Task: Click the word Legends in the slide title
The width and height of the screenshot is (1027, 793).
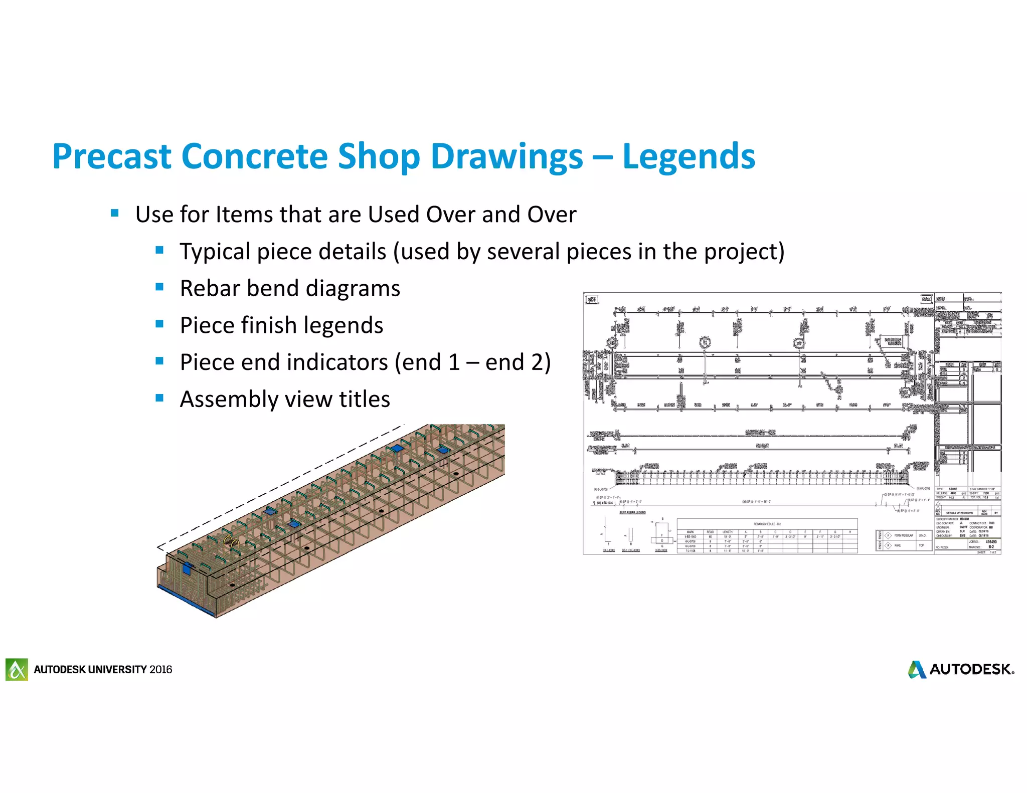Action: tap(688, 156)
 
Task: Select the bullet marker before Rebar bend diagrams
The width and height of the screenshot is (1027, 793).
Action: tap(159, 287)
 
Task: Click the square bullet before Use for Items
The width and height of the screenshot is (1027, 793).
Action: tap(115, 213)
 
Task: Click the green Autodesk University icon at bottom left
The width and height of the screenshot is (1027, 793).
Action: tap(17, 669)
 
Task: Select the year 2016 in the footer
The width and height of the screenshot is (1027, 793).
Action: tap(160, 670)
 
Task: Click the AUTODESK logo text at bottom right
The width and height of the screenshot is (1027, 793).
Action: tap(971, 669)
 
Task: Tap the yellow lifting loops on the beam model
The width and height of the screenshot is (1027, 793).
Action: tap(232, 542)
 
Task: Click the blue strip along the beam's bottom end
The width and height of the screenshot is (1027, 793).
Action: tap(186, 599)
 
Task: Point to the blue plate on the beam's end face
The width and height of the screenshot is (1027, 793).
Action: tap(188, 568)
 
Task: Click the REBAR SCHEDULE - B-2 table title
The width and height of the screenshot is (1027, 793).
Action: tap(767, 524)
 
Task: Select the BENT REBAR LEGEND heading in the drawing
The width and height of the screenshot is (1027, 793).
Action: tap(632, 512)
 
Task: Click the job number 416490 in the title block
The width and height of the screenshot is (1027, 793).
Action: tap(991, 542)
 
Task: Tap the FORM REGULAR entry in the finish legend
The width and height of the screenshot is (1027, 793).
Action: tap(904, 535)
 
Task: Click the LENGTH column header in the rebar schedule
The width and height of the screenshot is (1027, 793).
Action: tap(727, 532)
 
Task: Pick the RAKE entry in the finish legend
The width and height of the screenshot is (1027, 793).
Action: tap(898, 545)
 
